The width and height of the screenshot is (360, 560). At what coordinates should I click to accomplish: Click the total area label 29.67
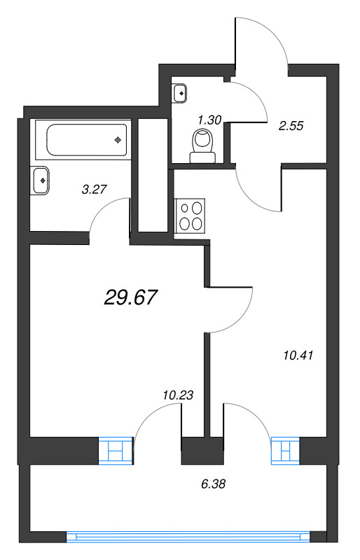pos(130,297)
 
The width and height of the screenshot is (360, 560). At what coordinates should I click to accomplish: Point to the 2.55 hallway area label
pos(290,127)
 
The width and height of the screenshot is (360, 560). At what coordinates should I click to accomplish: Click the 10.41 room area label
pos(295,355)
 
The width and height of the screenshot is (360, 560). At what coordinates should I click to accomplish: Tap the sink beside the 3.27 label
pos(41,181)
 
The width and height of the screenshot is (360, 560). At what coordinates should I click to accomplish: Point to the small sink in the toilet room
pos(180,92)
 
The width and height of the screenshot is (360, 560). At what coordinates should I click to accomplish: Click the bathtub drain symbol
pos(118,139)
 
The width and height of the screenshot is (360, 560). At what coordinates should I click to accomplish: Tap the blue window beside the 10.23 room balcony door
pos(115,450)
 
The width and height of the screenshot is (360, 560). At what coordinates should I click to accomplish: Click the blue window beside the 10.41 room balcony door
pos(285,450)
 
